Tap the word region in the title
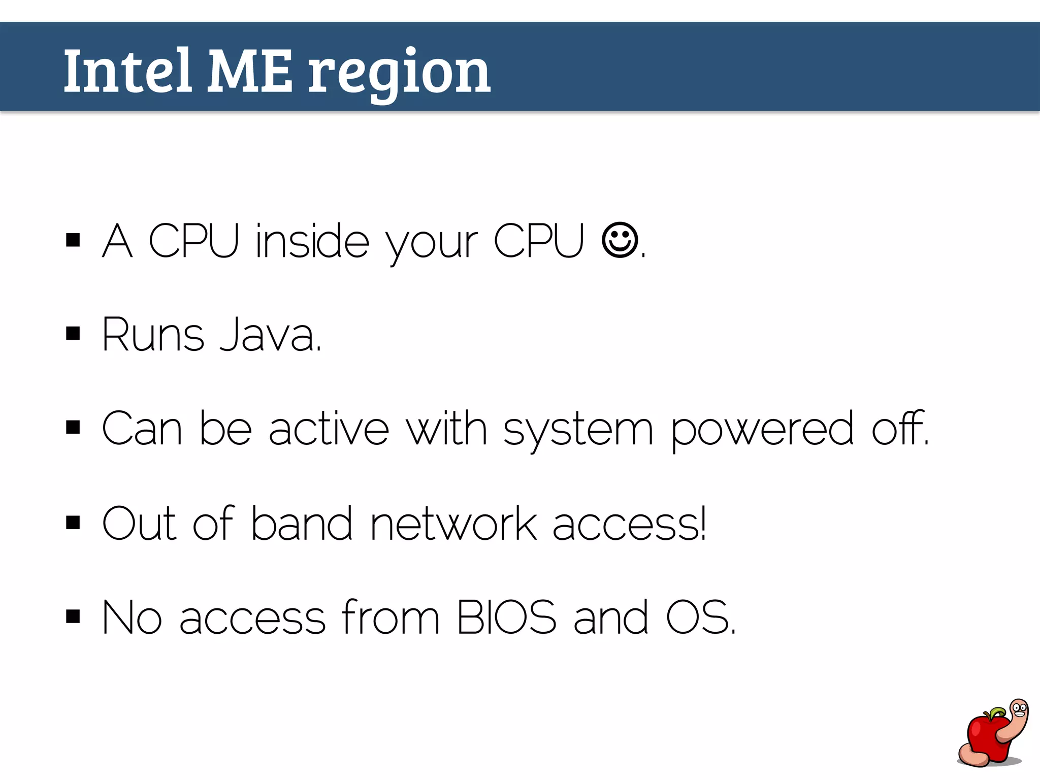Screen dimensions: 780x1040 (x=399, y=74)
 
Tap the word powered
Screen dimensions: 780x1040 (x=762, y=429)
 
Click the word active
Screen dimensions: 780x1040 (x=329, y=429)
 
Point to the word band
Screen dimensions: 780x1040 (x=301, y=524)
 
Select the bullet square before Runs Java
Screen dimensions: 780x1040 (x=73, y=334)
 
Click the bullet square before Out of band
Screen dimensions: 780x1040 (x=73, y=523)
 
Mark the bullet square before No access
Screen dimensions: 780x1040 (x=73, y=616)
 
